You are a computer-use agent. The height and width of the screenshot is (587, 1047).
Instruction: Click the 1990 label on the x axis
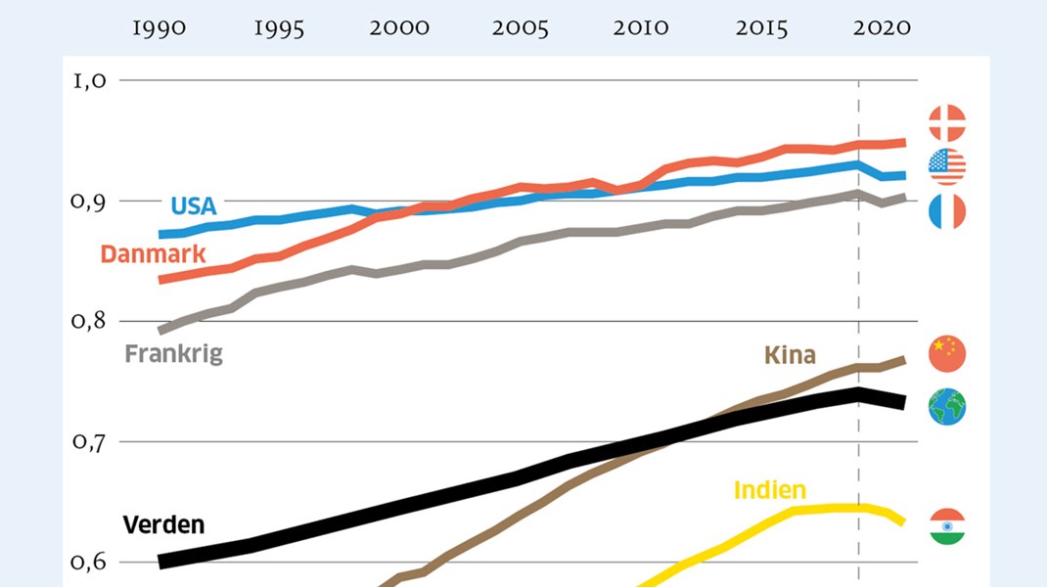[x=159, y=28]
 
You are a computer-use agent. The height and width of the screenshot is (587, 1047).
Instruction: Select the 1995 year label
[x=279, y=28]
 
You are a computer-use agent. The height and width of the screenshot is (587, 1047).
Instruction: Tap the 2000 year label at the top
[x=399, y=28]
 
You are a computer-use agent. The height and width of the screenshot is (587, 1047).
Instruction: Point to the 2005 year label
[x=520, y=28]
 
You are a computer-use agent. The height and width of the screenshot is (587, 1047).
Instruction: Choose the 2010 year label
[x=641, y=28]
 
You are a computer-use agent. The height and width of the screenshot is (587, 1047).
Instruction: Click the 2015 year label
[x=761, y=28]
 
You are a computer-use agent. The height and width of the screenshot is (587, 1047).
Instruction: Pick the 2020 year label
[x=882, y=28]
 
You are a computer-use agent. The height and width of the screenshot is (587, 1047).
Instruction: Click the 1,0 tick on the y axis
[x=89, y=81]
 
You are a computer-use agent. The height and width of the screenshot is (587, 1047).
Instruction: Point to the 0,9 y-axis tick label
[x=89, y=202]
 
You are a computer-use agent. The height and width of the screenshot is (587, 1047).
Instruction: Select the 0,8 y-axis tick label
[x=89, y=322]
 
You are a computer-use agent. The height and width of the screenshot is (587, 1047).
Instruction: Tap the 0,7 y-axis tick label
[x=89, y=442]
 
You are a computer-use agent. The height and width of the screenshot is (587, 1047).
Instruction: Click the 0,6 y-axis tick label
[x=89, y=563]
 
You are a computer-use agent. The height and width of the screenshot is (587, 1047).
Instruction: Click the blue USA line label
[x=193, y=206]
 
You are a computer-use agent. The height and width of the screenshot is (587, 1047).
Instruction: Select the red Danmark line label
[x=153, y=254]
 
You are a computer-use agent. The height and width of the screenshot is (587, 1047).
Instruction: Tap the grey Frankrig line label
[x=174, y=353]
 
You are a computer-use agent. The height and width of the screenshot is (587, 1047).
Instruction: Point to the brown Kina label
[x=790, y=354]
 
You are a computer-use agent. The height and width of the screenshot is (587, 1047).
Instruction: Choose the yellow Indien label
[x=769, y=489]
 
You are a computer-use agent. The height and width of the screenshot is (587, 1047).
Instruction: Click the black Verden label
[x=163, y=524]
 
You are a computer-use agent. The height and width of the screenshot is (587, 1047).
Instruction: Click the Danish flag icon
[x=946, y=123]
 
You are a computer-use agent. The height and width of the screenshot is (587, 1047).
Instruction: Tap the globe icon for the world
[x=946, y=406]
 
